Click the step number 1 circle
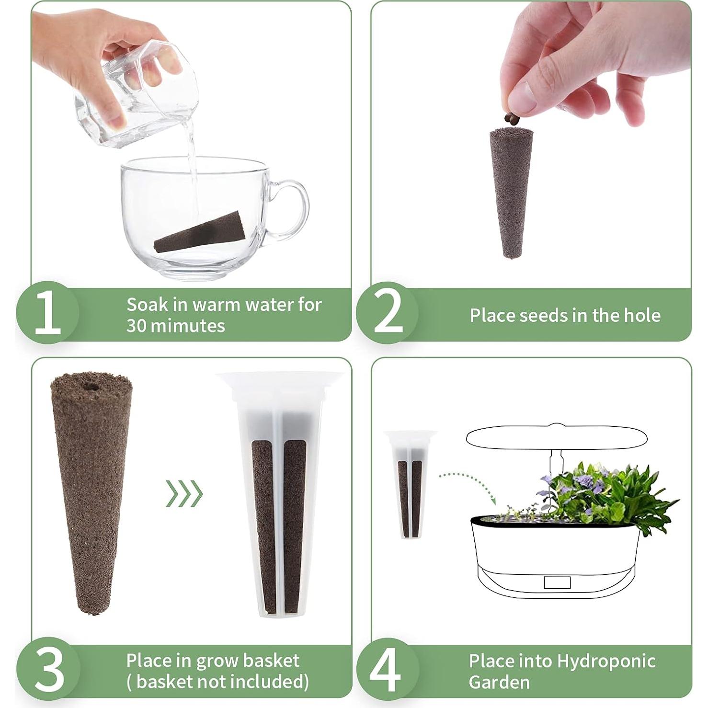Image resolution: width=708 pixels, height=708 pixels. point(48,313)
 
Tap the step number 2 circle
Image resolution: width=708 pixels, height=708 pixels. point(387,313)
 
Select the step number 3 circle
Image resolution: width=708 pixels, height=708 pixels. point(48,669)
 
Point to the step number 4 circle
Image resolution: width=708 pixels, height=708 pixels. point(387,669)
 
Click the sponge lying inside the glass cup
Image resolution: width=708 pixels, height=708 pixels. point(200,232)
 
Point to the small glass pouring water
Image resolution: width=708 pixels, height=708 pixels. point(136,93)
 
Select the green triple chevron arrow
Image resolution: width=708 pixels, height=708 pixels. point(184,493)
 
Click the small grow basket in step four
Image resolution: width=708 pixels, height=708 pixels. point(410,484)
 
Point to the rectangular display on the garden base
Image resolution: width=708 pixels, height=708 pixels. point(557,582)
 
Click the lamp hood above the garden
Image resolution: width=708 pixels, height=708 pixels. point(557,437)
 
